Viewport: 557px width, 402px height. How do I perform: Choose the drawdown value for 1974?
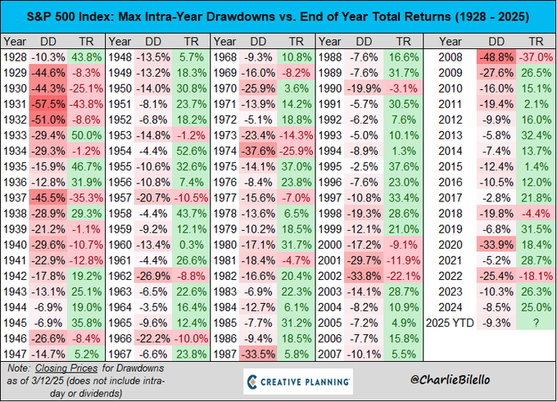tap(258, 149)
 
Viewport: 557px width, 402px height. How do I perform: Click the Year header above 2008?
tap(450, 39)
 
